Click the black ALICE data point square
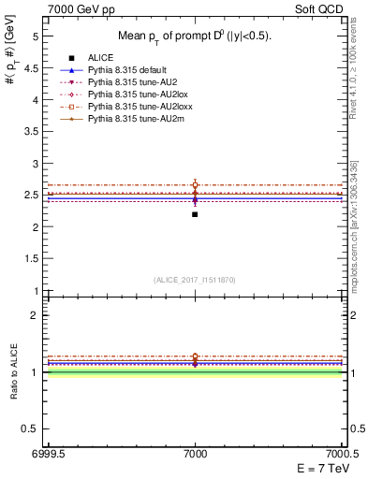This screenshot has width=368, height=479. click(x=195, y=214)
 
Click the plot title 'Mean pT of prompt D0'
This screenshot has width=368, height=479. click(x=194, y=36)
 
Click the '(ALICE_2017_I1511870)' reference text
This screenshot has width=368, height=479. click(x=195, y=280)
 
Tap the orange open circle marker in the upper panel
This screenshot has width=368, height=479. click(x=195, y=185)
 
